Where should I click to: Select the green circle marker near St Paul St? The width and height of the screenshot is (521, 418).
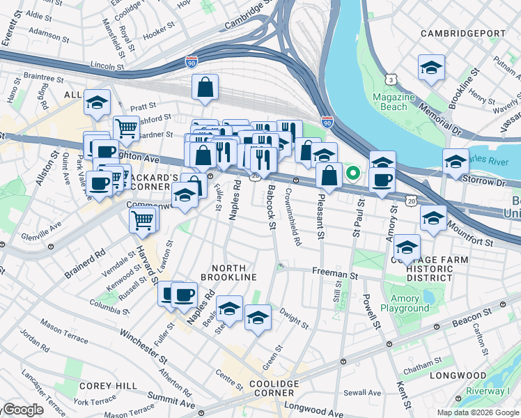pyautogui.click(x=354, y=172)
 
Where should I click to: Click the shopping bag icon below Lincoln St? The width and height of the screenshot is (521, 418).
pyautogui.click(x=205, y=88)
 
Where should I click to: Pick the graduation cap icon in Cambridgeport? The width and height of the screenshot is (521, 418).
pyautogui.click(x=432, y=69)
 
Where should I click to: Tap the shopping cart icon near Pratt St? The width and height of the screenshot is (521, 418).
pyautogui.click(x=126, y=128)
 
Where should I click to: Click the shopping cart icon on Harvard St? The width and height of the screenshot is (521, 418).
pyautogui.click(x=142, y=220)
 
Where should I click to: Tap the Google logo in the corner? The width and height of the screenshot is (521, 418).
pyautogui.click(x=22, y=410)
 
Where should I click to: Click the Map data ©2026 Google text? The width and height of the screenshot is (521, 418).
pyautogui.click(x=476, y=412)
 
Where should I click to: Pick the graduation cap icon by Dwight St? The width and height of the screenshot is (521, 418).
pyautogui.click(x=258, y=318)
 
